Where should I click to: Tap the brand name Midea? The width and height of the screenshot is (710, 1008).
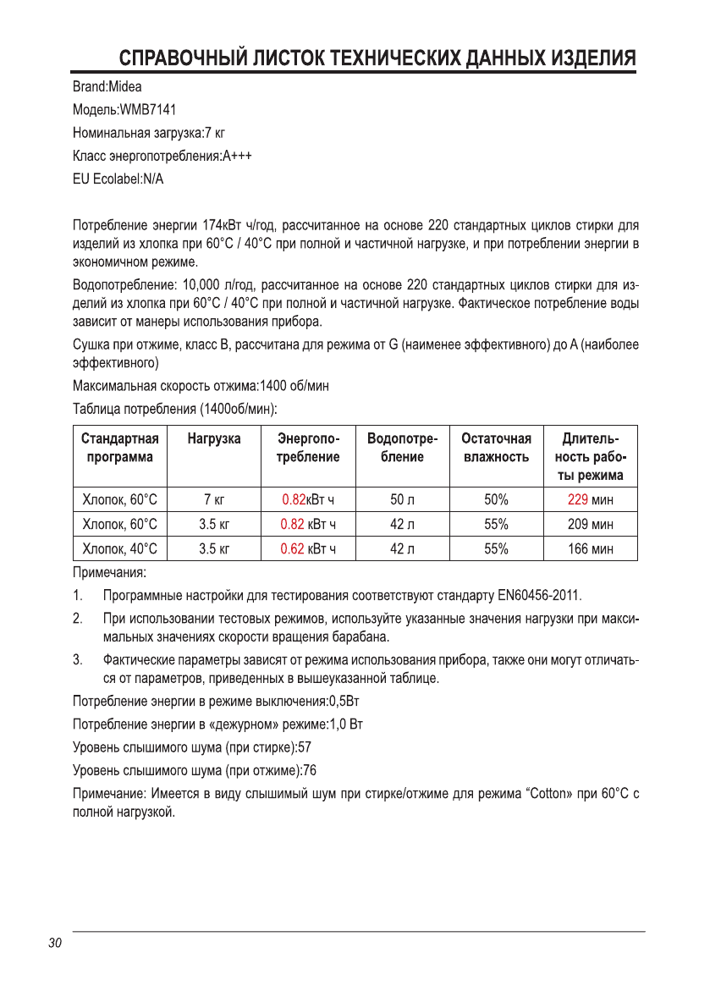124,86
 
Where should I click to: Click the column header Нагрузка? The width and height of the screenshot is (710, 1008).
214,438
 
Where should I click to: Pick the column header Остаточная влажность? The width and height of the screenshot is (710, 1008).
496,448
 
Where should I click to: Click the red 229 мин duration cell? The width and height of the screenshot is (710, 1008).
590,499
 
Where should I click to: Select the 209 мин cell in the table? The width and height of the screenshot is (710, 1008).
590,525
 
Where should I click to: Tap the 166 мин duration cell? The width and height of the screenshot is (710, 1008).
590,549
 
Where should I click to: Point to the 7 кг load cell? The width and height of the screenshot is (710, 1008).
214,499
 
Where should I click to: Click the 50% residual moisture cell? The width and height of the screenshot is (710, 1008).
496,499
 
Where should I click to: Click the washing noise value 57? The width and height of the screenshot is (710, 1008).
306,748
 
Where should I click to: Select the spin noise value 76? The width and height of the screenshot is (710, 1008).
310,770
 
